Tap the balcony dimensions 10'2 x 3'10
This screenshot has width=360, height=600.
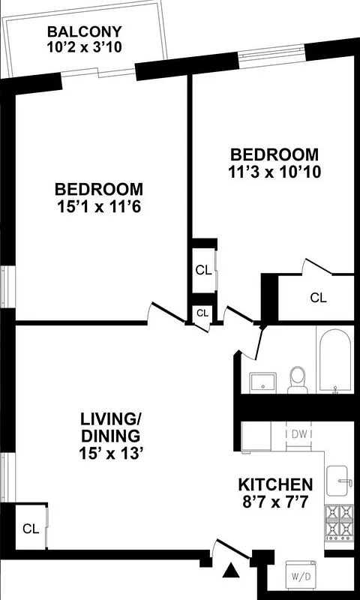[84, 47]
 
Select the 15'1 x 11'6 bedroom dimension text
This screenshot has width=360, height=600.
[98, 204]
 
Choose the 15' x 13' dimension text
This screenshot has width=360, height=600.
[111, 453]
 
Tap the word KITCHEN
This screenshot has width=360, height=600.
[275, 484]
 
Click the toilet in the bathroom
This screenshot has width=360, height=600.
[298, 379]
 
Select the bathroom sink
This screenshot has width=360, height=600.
[263, 382]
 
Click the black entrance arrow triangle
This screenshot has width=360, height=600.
[233, 573]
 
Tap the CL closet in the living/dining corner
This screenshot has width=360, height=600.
[31, 529]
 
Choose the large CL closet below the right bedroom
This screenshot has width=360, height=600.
[318, 298]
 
